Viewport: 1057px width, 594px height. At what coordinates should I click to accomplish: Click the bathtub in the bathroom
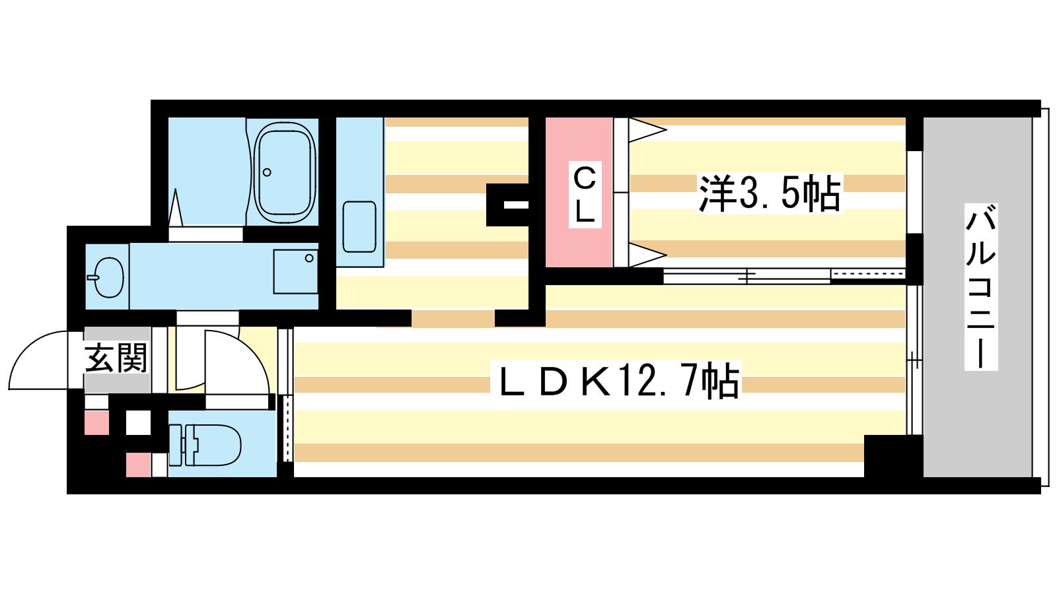point(285,172)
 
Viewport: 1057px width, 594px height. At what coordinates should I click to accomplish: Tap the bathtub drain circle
point(267,172)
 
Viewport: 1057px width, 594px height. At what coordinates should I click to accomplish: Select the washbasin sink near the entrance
point(108,277)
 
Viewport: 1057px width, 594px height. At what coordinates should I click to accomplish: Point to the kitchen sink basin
point(359,227)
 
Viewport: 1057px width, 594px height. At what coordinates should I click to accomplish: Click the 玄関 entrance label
point(116,358)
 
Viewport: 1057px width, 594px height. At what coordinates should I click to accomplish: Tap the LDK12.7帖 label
point(616,381)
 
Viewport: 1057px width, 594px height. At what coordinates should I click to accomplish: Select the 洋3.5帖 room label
point(770,193)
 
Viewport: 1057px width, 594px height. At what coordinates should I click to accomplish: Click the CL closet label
point(585,195)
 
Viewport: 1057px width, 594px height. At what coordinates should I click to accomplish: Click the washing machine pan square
point(295,271)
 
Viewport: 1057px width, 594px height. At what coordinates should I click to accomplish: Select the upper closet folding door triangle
point(647,129)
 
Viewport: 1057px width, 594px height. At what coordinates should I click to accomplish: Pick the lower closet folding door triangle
point(647,255)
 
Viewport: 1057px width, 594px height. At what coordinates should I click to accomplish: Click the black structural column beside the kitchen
point(508,205)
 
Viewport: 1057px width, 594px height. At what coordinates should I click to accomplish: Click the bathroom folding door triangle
point(176,208)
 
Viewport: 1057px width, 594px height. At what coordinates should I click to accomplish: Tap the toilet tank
point(175,445)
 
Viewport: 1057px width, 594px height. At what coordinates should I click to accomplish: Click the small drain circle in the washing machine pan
point(309,258)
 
